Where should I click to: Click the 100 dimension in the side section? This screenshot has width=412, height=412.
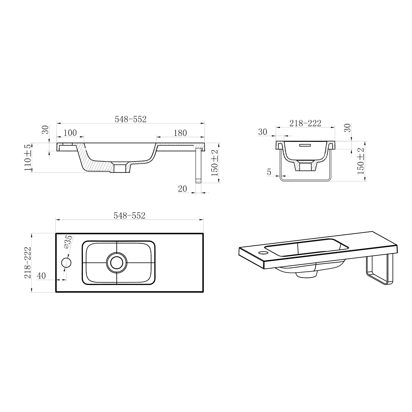(70, 133)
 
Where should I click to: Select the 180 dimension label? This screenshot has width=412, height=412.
(180, 133)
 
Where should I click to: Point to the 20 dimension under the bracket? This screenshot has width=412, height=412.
(182, 189)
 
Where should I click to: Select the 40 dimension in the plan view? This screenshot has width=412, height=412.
(41, 276)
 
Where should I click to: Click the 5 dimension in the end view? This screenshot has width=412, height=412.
(269, 172)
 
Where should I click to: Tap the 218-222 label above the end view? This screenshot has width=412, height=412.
(305, 124)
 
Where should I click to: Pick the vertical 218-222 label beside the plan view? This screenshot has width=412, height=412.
(28, 263)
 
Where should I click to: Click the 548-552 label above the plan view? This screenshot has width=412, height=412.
(130, 216)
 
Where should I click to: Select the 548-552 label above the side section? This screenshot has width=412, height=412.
(131, 119)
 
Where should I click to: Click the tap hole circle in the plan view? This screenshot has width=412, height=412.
(66, 263)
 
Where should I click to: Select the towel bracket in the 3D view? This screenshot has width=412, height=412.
(380, 270)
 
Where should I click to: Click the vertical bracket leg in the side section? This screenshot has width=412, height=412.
(198, 165)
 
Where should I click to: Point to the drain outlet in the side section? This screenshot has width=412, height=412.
(120, 168)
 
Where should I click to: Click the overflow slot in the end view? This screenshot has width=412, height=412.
(305, 145)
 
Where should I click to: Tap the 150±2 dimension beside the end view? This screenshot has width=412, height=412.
(361, 161)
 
